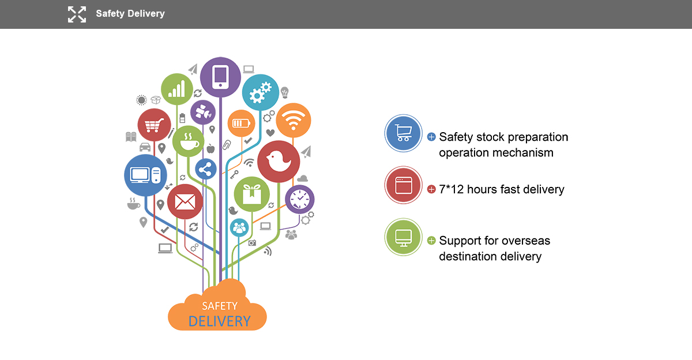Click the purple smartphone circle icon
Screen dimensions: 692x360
pyautogui.click(x=220, y=77)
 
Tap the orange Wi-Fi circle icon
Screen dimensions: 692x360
pyautogui.click(x=294, y=121)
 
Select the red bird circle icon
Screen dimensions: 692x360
pyautogui.click(x=279, y=162)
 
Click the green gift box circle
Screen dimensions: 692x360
pyautogui.click(x=251, y=194)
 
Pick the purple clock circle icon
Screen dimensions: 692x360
pyautogui.click(x=299, y=199)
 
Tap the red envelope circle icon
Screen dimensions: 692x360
pyautogui.click(x=185, y=202)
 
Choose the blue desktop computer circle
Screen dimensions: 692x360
pyautogui.click(x=145, y=175)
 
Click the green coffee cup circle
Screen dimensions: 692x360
pyautogui.click(x=189, y=141)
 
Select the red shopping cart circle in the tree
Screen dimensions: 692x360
pyautogui.click(x=154, y=125)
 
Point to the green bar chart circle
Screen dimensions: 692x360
pyautogui.click(x=176, y=89)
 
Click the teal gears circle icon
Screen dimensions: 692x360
pyautogui.click(x=260, y=92)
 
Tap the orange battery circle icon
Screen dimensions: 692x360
pyautogui.click(x=241, y=123)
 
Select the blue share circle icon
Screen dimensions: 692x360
pyautogui.click(x=206, y=170)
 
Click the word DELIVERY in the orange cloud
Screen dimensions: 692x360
pyautogui.click(x=220, y=321)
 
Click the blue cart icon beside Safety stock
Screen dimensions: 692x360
pyautogui.click(x=403, y=133)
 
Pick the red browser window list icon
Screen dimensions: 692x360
pyautogui.click(x=403, y=185)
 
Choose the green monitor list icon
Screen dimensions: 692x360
pyautogui.click(x=403, y=237)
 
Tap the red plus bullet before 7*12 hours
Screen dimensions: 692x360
pyautogui.click(x=431, y=189)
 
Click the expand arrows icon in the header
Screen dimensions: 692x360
pyautogui.click(x=77, y=14)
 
